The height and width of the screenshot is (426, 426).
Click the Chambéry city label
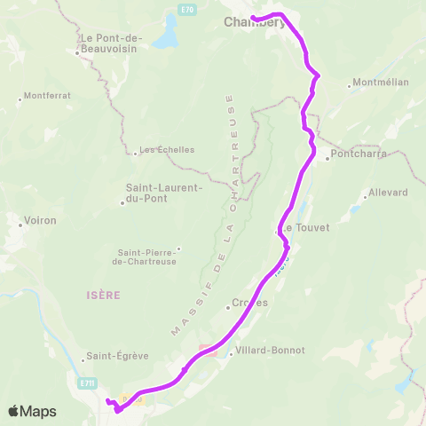[254, 22]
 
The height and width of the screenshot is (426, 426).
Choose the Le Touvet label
[304, 228]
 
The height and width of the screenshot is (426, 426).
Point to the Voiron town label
[41, 220]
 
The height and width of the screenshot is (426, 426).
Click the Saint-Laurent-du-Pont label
[164, 193]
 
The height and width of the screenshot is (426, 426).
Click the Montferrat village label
[48, 96]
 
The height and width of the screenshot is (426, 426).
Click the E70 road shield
[185, 10]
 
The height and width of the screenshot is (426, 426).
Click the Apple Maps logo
[32, 411]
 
